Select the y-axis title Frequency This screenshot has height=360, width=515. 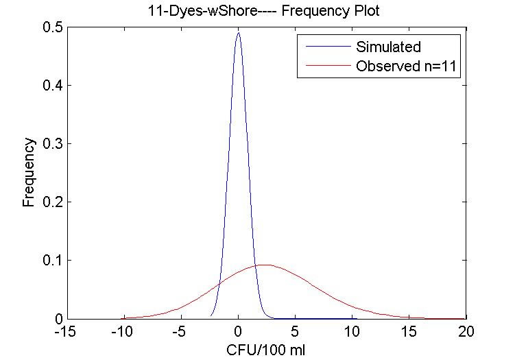[x=29, y=172]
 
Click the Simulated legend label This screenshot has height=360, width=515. [x=388, y=47]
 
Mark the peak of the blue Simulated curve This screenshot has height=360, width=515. [x=238, y=33]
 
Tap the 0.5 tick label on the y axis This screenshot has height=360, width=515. [x=47, y=27]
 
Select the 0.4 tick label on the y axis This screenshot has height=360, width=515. [x=47, y=85]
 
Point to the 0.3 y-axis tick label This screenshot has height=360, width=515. [x=47, y=143]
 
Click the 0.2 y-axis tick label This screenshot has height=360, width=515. [x=47, y=202]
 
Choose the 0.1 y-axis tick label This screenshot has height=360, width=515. [x=47, y=261]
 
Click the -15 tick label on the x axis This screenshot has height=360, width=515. [x=67, y=333]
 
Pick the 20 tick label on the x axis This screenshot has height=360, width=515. [x=466, y=333]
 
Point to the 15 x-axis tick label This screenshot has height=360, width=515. [x=409, y=333]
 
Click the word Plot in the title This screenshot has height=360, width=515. [x=347, y=10]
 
